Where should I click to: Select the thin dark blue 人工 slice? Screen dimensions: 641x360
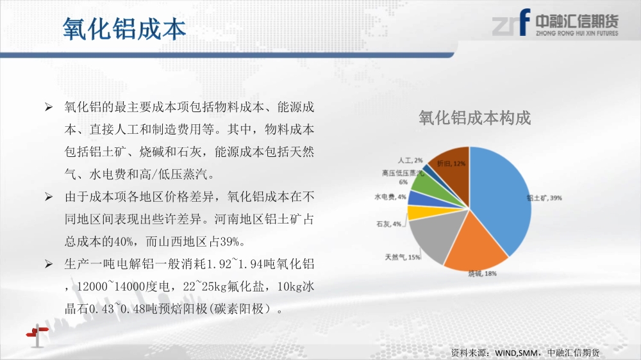coord(427,168)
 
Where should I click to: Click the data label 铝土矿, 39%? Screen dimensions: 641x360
coord(544,198)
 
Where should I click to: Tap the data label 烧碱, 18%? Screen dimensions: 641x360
coord(483,274)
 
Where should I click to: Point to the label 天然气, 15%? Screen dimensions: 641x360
coord(403,257)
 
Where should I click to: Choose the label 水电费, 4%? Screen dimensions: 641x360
coord(390,197)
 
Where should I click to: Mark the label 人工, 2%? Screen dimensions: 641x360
coord(410,161)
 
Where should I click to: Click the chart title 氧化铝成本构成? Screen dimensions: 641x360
coord(474,118)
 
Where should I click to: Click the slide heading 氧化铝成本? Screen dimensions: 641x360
coord(124,29)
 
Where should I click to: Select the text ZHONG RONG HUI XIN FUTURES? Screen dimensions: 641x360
coord(578,33)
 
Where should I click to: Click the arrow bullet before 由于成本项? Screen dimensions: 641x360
coord(49,197)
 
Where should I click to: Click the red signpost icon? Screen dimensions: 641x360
coord(37,335)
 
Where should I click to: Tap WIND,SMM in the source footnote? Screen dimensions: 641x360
coord(516,353)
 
